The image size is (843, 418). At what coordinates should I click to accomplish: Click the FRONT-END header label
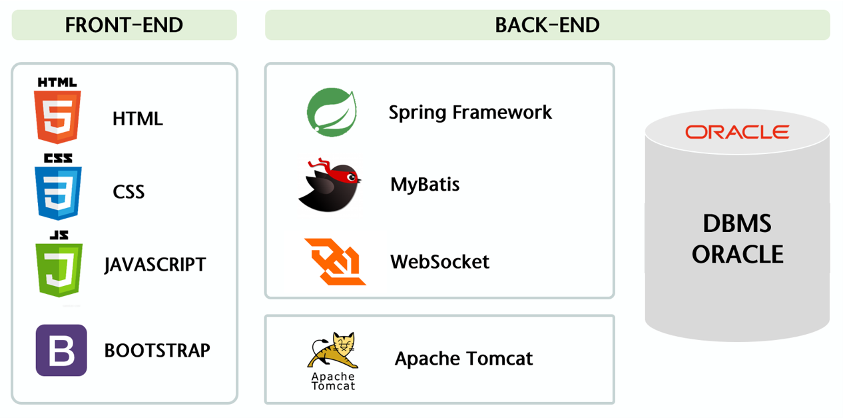124,25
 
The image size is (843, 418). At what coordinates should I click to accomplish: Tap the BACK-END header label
547,25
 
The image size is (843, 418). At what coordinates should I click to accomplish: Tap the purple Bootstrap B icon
61,350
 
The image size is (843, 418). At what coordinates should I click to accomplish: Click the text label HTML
138,119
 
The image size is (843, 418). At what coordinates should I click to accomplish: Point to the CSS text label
129,192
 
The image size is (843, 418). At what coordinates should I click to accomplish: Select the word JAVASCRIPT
155,265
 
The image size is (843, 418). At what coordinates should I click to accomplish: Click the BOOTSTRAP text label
157,350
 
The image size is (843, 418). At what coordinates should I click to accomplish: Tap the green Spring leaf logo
332,113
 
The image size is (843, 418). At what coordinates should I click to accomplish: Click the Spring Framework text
470,112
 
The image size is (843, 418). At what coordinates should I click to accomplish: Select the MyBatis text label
425,184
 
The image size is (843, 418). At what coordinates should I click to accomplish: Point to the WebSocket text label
439,261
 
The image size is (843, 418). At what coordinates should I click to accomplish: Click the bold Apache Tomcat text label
463,359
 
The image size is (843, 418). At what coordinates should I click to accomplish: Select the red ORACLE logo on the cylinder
737,132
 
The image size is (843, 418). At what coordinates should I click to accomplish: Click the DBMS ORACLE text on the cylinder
737,239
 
